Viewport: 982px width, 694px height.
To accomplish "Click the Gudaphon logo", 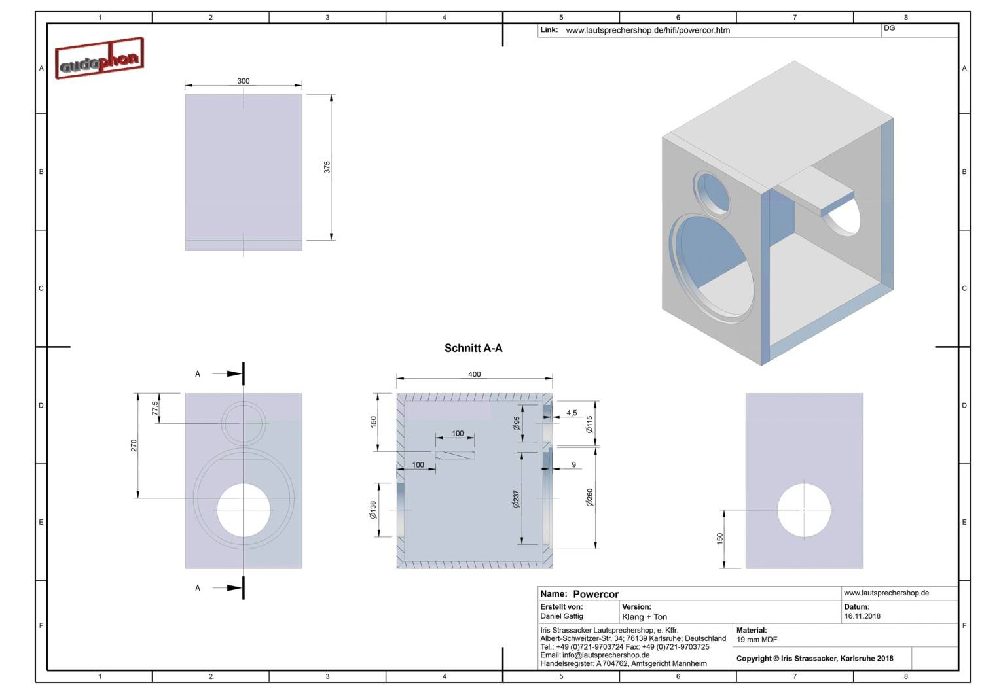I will pos(100,59).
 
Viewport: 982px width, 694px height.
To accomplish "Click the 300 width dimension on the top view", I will pos(244,81).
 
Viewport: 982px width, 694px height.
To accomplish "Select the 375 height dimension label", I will pos(327,167).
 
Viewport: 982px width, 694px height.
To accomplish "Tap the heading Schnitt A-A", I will pos(473,348).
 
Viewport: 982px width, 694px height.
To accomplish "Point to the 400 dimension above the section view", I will pos(475,374).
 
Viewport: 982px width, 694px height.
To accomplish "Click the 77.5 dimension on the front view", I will pos(155,408).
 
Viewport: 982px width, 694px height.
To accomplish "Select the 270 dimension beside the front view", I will pos(134,445).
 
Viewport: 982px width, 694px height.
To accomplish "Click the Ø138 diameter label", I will pos(373,510).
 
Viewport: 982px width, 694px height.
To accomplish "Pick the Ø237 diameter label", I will pos(516,500).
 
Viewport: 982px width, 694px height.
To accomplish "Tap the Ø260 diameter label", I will pos(589,497).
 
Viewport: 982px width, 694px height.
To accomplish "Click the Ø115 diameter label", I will pos(589,425).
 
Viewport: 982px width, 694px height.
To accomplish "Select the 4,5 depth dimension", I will pos(572,413).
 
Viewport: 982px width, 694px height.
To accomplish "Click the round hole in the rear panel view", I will pos(804,510).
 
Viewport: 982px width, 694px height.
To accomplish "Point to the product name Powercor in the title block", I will pos(596,594).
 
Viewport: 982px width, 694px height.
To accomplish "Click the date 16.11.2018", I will pos(862,616).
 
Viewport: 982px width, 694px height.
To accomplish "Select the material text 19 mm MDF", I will pos(757,640).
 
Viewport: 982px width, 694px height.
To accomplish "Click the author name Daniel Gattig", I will pos(562,616).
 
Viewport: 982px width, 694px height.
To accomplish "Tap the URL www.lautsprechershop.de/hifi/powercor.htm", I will pos(647,30).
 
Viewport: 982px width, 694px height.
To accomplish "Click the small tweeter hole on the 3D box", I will pos(712,193).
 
